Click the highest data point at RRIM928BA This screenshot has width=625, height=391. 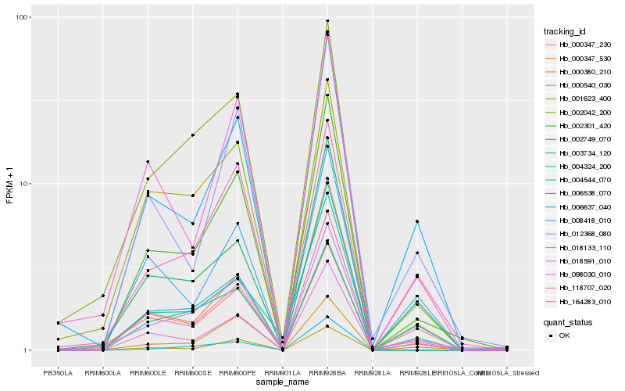(x=327, y=21)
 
